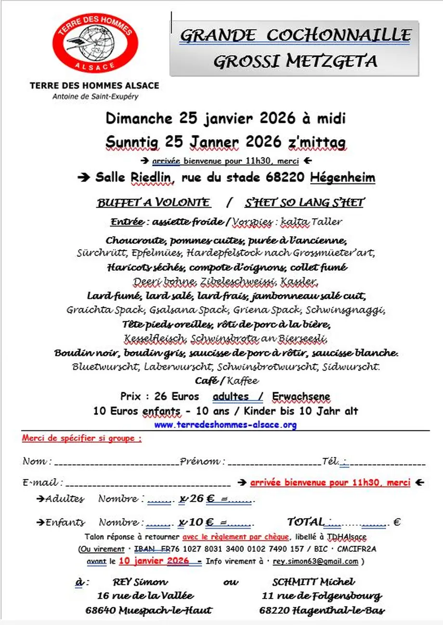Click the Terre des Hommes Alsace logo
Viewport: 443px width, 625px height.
pos(95,43)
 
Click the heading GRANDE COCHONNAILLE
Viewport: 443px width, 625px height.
pos(295,35)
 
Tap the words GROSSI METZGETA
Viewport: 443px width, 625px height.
pos(295,61)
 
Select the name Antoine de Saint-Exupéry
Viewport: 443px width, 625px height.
pos(95,96)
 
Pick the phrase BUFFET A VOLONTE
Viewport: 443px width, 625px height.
pos(154,203)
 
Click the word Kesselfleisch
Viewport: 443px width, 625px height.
pos(155,339)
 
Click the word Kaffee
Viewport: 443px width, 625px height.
pos(242,381)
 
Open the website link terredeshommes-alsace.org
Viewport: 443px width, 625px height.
pos(225,425)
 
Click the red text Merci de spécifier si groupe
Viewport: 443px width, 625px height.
pos(82,439)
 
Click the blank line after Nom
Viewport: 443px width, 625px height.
pos(117,463)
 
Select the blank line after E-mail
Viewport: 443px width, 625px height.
pos(148,483)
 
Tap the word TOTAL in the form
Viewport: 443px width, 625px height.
pos(305,522)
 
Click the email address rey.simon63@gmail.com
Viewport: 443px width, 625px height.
pos(315,561)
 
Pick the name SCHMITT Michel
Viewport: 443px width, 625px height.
pos(313,582)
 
